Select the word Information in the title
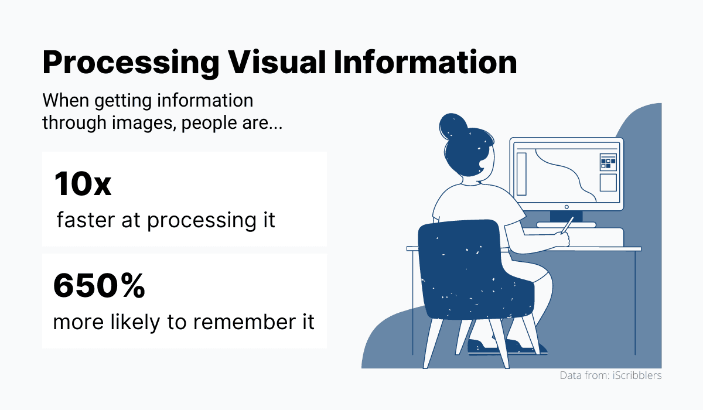[x=425, y=63]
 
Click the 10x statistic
[x=83, y=184]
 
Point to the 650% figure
[x=98, y=286]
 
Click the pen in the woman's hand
[x=567, y=225]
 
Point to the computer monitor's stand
[x=566, y=217]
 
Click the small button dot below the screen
[x=567, y=206]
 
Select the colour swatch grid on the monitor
[x=608, y=162]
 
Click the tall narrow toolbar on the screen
[x=521, y=174]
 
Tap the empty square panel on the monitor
[x=608, y=183]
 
